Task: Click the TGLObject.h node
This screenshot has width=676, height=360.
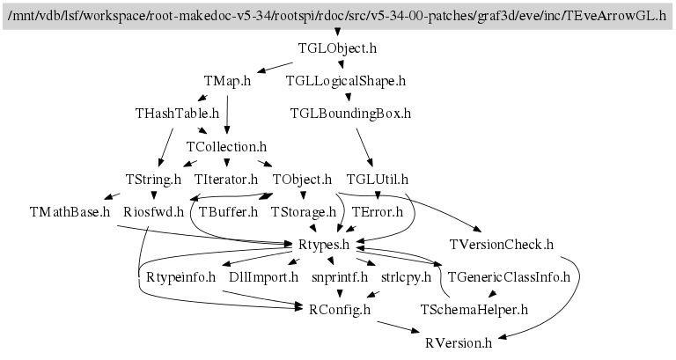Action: (x=337, y=48)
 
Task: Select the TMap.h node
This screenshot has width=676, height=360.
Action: (x=227, y=81)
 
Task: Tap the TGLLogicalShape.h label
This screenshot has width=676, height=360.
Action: (x=346, y=81)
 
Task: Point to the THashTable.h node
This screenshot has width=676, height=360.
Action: (x=177, y=114)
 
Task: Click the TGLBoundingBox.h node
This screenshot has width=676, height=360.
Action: (x=350, y=114)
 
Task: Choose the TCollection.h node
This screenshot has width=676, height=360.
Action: (x=227, y=147)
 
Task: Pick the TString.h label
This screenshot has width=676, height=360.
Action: (x=153, y=179)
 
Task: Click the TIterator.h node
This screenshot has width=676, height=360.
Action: (x=226, y=179)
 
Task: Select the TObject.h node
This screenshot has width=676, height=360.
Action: (x=302, y=179)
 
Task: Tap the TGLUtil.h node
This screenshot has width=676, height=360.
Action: (x=378, y=179)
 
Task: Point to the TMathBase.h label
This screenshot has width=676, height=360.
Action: (x=70, y=212)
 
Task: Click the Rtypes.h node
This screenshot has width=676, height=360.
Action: (x=324, y=245)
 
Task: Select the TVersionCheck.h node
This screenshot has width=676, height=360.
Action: (x=502, y=245)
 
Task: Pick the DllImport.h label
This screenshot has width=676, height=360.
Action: (x=264, y=276)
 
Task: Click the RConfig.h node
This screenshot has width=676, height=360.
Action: (x=340, y=310)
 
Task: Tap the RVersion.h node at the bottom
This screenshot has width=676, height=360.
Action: (x=459, y=342)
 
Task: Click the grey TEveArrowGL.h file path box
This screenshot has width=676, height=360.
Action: (x=338, y=16)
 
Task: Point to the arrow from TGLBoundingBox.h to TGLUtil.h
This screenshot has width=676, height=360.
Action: (x=365, y=148)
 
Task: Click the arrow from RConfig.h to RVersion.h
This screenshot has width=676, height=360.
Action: (x=398, y=327)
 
